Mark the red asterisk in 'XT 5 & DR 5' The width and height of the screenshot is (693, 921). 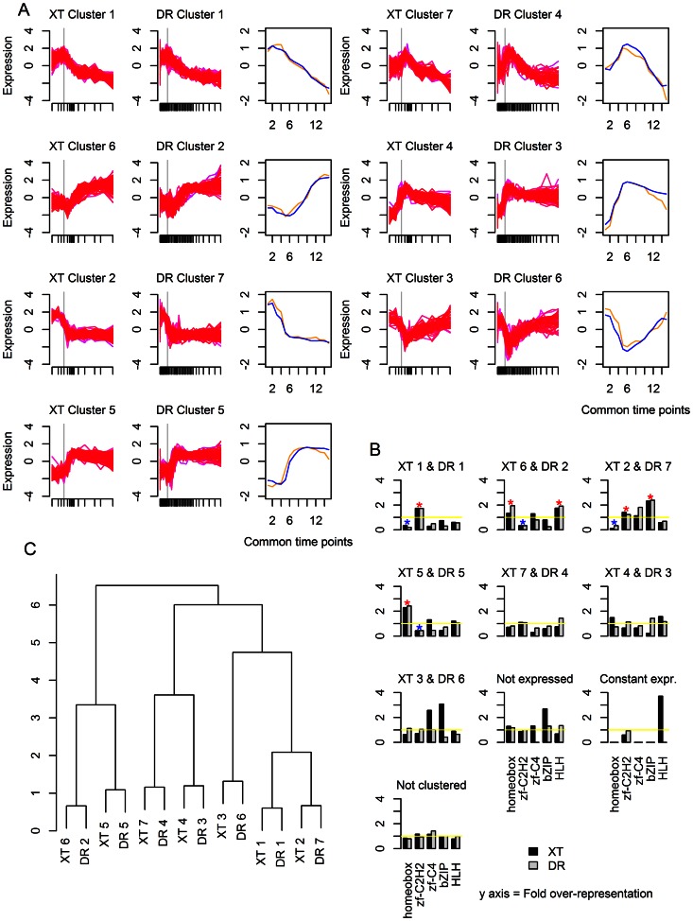[407, 603]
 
